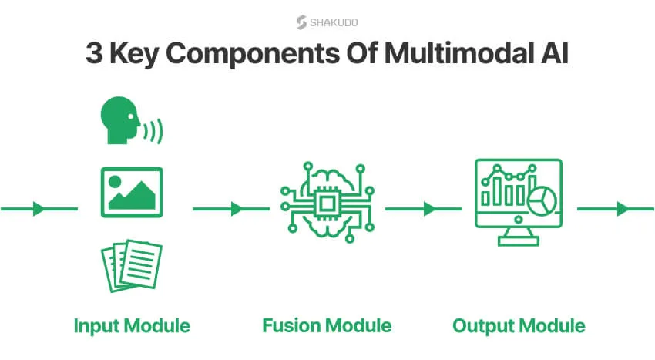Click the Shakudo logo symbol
click(x=301, y=22)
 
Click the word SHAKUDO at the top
click(x=334, y=22)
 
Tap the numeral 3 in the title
click(x=94, y=53)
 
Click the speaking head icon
click(x=131, y=120)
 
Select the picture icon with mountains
click(x=132, y=193)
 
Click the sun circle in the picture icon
click(x=115, y=181)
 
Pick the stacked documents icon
click(x=132, y=265)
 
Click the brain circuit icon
click(x=327, y=203)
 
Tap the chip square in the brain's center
click(x=327, y=204)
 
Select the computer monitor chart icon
click(x=519, y=202)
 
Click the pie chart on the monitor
click(x=542, y=200)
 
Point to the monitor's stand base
click(x=519, y=241)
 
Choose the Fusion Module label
click(x=327, y=326)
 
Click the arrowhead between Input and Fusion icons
click(x=237, y=209)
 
